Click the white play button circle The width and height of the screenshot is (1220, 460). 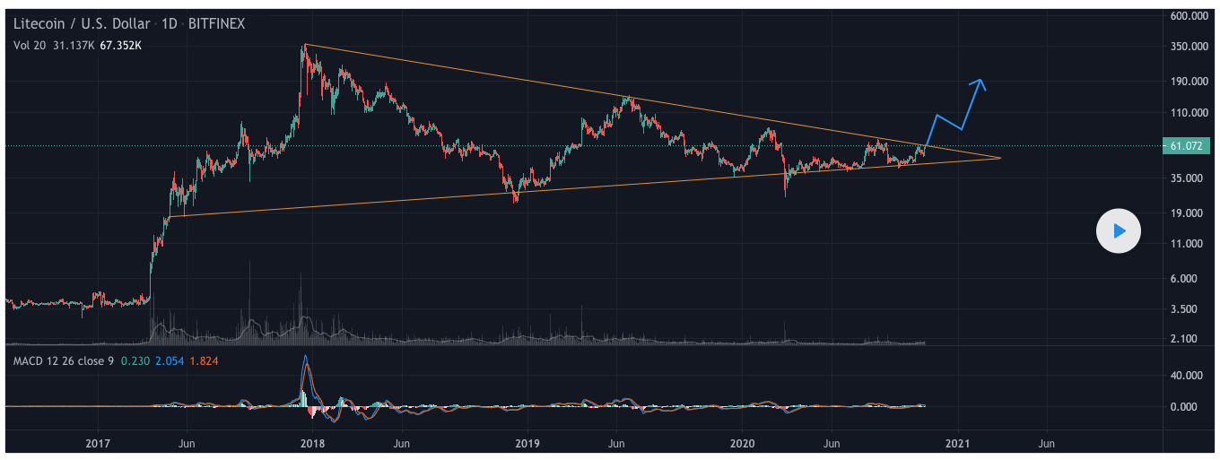click(1119, 231)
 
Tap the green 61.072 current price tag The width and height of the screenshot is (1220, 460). click(1190, 146)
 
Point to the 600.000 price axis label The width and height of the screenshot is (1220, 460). click(1191, 16)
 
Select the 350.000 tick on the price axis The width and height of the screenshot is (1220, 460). click(1191, 47)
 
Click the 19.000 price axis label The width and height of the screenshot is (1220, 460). click(1191, 213)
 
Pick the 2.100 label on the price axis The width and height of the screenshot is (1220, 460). click(1191, 339)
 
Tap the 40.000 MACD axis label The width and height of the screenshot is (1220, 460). click(1191, 377)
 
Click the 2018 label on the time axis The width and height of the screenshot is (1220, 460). click(312, 443)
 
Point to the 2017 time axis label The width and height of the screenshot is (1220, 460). click(97, 443)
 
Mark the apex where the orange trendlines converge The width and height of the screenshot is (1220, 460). click(1000, 158)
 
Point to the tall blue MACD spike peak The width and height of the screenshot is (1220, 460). click(304, 356)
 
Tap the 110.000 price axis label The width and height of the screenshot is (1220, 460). click(1191, 114)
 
